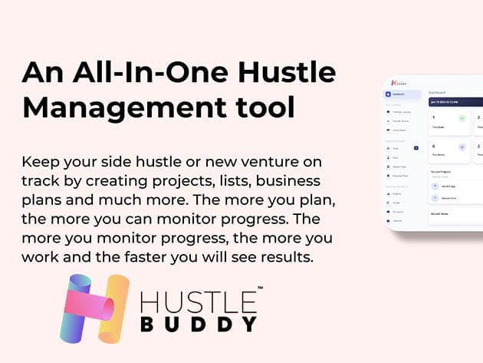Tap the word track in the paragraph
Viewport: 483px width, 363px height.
[41, 181]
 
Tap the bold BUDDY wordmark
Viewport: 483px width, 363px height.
[199, 325]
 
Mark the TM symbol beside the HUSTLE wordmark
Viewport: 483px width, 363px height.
[260, 289]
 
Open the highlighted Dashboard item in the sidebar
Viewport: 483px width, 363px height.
[402, 94]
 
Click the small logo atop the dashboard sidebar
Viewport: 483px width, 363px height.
[396, 81]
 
